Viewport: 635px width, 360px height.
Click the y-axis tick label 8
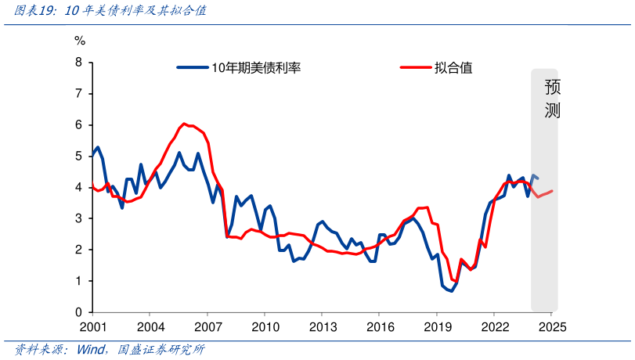click(79, 63)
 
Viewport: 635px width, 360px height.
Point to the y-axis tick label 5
click(79, 157)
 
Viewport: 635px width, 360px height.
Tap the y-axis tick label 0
click(79, 312)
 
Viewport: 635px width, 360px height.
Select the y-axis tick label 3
click(79, 218)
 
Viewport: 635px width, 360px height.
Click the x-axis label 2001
click(93, 326)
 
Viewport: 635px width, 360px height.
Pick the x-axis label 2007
click(207, 326)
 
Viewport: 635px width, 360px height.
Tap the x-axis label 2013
click(323, 326)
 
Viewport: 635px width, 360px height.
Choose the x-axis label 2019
click(437, 326)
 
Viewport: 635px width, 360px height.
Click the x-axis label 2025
click(551, 326)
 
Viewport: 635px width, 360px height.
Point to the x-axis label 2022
click(494, 326)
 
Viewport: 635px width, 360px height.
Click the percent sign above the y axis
click(80, 40)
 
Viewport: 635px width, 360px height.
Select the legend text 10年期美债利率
click(256, 68)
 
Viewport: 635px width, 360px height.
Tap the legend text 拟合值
click(453, 68)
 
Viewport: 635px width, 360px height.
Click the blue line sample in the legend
click(193, 68)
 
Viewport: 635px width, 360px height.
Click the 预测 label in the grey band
click(553, 99)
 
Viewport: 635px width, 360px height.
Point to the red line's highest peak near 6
click(184, 124)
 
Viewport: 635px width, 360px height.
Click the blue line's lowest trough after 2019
click(451, 291)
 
